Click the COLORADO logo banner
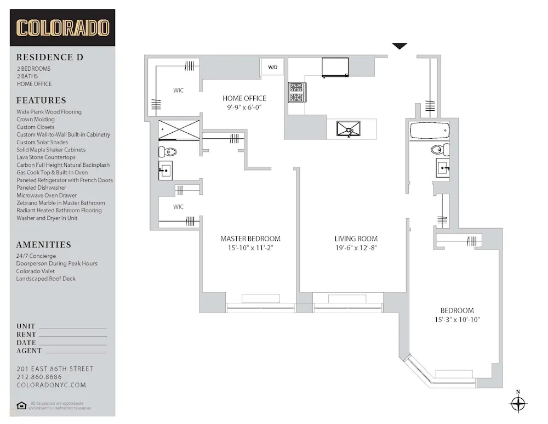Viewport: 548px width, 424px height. (x=62, y=27)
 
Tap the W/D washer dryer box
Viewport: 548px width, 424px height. (x=272, y=67)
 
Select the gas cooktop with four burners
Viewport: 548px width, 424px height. (x=298, y=92)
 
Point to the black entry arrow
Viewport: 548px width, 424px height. (x=399, y=47)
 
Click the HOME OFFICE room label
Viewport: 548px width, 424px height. (x=244, y=99)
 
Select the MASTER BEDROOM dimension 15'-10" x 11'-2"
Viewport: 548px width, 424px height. (x=250, y=248)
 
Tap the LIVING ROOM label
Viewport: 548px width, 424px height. (x=356, y=239)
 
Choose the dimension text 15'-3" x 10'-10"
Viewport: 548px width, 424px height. (x=457, y=320)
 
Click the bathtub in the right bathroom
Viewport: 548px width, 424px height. (x=429, y=132)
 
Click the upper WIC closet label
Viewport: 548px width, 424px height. (x=178, y=90)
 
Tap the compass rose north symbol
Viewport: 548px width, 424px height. (x=518, y=404)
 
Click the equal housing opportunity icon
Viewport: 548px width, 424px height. (x=21, y=405)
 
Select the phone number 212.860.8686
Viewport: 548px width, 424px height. (x=39, y=377)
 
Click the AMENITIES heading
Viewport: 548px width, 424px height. (x=44, y=245)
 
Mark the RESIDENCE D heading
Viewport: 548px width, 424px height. (x=50, y=57)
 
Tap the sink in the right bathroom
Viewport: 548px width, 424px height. (x=443, y=168)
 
